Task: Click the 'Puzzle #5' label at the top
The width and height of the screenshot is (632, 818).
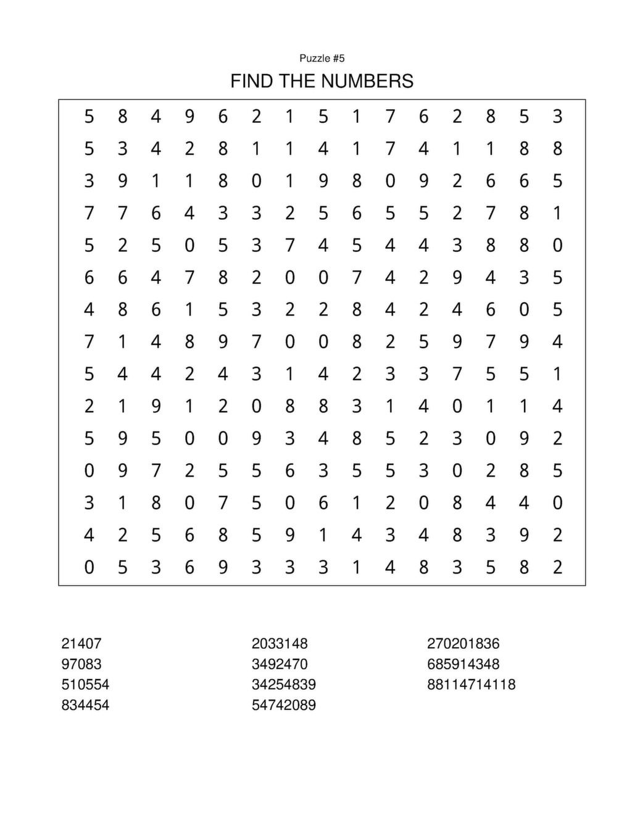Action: pyautogui.click(x=322, y=58)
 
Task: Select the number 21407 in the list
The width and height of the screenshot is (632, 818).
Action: pyautogui.click(x=81, y=643)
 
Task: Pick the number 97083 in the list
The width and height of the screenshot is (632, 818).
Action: pyautogui.click(x=81, y=664)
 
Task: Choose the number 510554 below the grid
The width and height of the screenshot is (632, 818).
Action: pyautogui.click(x=85, y=685)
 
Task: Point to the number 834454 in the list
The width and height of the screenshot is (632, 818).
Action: pyautogui.click(x=85, y=705)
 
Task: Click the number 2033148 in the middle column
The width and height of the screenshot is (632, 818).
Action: pyautogui.click(x=280, y=643)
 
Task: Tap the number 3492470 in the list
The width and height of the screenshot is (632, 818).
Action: pyautogui.click(x=280, y=664)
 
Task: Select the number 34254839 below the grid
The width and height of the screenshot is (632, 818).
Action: pyautogui.click(x=283, y=685)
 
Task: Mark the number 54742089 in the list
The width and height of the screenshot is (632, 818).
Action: pyautogui.click(x=283, y=705)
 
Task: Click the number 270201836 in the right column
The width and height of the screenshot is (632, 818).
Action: pyautogui.click(x=463, y=643)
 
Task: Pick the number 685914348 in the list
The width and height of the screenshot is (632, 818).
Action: pyautogui.click(x=463, y=664)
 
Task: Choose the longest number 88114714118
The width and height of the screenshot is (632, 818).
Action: pyautogui.click(x=471, y=685)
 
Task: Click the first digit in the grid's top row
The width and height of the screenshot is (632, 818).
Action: pyautogui.click(x=89, y=116)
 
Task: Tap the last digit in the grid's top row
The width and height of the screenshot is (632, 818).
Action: pyautogui.click(x=557, y=116)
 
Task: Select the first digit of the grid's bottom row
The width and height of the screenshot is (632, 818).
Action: pyautogui.click(x=89, y=567)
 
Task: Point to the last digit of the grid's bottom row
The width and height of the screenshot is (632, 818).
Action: pyautogui.click(x=557, y=567)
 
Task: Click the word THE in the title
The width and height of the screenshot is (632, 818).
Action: pyautogui.click(x=298, y=81)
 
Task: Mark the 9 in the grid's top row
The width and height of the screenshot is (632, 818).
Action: pyautogui.click(x=189, y=116)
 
